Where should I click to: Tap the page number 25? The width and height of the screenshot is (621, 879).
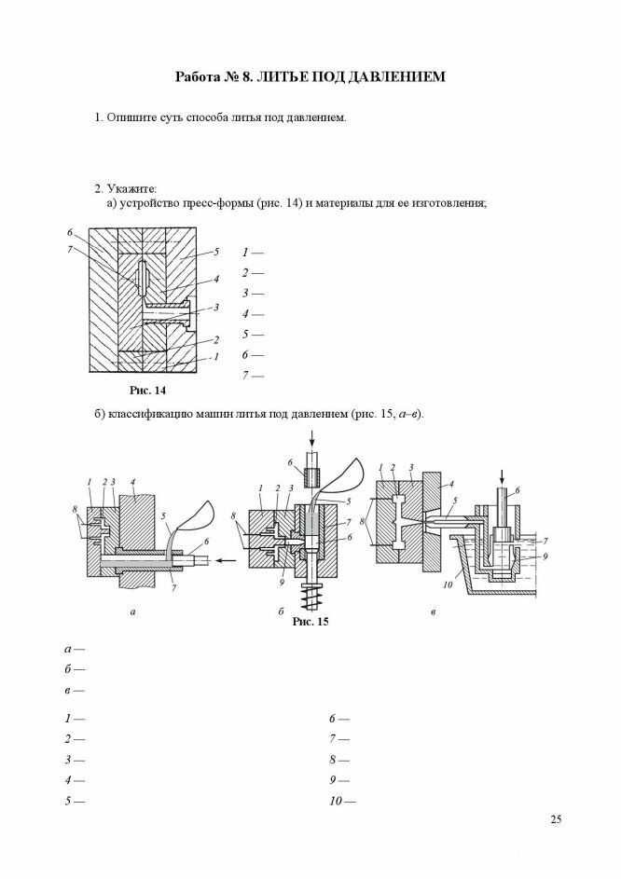pos(556,819)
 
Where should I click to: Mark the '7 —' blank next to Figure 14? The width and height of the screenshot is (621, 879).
pos(252,376)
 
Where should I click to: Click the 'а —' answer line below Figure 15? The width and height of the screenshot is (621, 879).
pos(75,649)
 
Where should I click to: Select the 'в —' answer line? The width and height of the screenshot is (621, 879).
pos(75,690)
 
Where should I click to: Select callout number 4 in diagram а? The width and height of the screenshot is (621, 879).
pos(134,482)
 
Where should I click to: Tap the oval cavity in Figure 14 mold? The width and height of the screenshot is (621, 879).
pos(140,279)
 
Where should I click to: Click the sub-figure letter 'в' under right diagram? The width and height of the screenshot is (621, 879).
pos(435,613)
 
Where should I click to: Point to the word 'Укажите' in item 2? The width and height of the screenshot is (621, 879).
pos(131,188)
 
